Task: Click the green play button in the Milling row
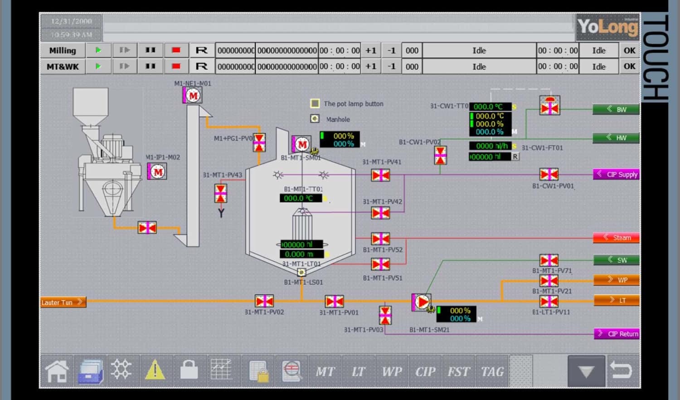coord(98,50)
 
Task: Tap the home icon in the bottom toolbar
coord(57,371)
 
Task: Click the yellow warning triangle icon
coord(155,370)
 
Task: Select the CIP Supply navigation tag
coord(616,174)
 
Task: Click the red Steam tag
coord(616,238)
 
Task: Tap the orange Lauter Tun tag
coord(63,302)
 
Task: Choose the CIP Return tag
coord(617,334)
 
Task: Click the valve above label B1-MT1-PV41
coord(380,175)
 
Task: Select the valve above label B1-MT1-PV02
coord(264,301)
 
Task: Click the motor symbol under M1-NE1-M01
coord(193,96)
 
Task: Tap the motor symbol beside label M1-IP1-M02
coord(157,172)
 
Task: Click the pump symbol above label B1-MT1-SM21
coord(422,302)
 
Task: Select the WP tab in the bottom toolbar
coord(392,371)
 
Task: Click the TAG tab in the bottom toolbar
coord(492,371)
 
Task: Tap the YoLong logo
coord(607,27)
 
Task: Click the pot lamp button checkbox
coord(315,103)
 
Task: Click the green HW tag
coord(616,138)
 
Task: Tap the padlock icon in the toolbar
coord(189,370)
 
